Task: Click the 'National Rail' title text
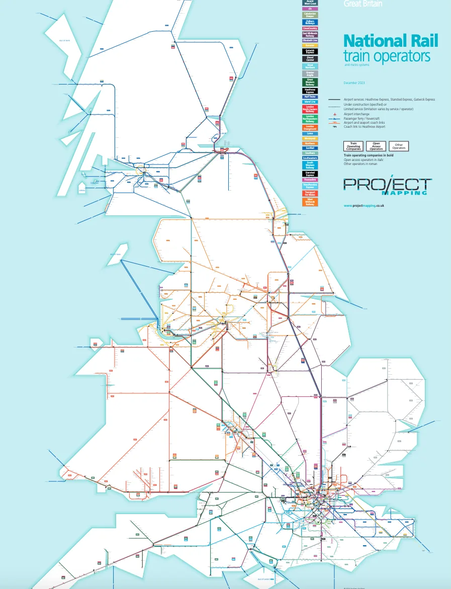tap(390, 41)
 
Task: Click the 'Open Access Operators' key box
tap(376, 146)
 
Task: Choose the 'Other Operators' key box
tap(399, 146)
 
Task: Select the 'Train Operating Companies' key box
tap(353, 146)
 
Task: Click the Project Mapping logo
tap(387, 185)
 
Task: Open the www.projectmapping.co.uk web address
tap(364, 206)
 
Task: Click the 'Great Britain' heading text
tap(363, 4)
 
